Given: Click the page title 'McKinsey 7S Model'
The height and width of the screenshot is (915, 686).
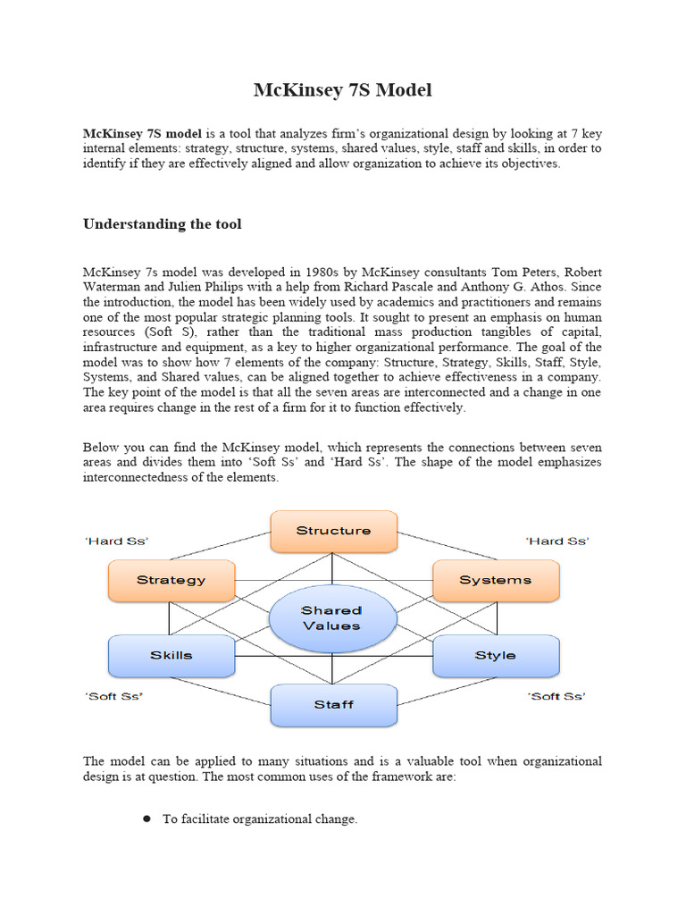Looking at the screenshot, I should tap(343, 89).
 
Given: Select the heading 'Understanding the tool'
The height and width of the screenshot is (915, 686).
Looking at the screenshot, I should tap(162, 224).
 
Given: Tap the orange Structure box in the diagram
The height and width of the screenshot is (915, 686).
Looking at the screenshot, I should tap(333, 531).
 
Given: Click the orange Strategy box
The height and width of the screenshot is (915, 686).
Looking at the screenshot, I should tap(171, 580).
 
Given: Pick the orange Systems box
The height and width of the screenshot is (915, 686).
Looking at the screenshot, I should tap(495, 580).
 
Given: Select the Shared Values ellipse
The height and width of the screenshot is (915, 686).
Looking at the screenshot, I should tap(331, 618).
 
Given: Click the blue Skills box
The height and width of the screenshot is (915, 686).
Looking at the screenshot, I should tap(171, 655).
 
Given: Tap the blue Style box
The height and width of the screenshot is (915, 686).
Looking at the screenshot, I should tap(495, 655).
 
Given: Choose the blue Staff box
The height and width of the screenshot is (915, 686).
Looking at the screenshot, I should tap(333, 704).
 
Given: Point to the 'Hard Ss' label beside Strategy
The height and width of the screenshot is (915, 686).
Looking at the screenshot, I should tap(117, 541).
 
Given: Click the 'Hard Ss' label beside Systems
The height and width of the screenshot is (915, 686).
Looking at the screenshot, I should tap(556, 541).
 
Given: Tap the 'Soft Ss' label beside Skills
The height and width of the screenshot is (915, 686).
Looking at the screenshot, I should tap(115, 696).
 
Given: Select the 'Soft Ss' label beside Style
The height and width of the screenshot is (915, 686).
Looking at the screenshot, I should tap(556, 696).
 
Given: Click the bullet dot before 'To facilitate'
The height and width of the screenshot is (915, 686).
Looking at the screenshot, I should tap(146, 818).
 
